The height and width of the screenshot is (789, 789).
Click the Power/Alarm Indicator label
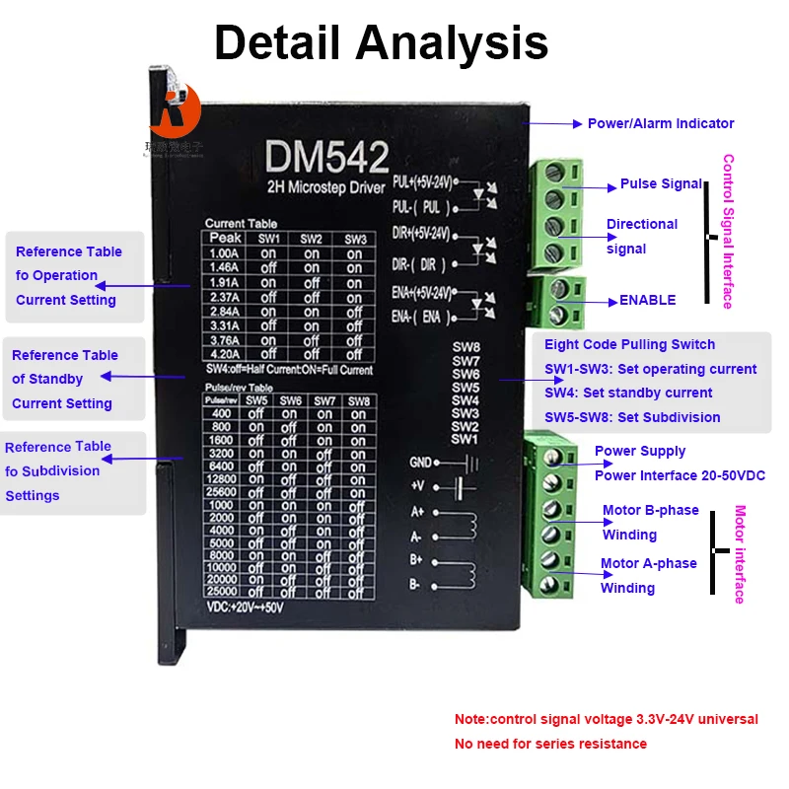click(x=661, y=123)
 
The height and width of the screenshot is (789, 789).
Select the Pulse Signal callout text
click(x=661, y=184)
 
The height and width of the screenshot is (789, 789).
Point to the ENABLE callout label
click(x=647, y=300)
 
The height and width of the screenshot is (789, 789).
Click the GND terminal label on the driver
click(x=421, y=462)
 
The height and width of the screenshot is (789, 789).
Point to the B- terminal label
click(x=417, y=584)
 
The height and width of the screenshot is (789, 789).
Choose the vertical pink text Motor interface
click(x=740, y=554)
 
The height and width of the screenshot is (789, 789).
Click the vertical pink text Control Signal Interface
click(x=728, y=231)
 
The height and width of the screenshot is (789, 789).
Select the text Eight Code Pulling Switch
click(x=630, y=344)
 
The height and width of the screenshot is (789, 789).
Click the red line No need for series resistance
click(x=550, y=744)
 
